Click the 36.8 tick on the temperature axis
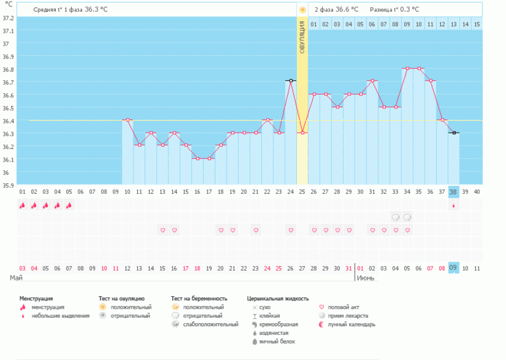pyautogui.click(x=8, y=69)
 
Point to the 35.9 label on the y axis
pyautogui.click(x=8, y=185)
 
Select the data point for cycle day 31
pyautogui.click(x=372, y=81)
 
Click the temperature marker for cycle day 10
pyautogui.click(x=127, y=120)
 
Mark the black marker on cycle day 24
pyautogui.click(x=290, y=81)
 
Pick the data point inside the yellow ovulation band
pyautogui.click(x=302, y=133)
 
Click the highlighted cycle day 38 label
pyautogui.click(x=453, y=192)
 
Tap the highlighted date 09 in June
pyautogui.click(x=453, y=268)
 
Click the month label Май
pyautogui.click(x=16, y=279)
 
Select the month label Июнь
pyautogui.click(x=367, y=279)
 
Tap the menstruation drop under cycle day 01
pyautogui.click(x=22, y=205)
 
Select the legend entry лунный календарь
pyautogui.click(x=352, y=324)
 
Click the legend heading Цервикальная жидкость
pyautogui.click(x=277, y=298)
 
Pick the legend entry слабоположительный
pyautogui.click(x=211, y=324)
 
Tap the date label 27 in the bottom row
pyautogui.click(x=302, y=268)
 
